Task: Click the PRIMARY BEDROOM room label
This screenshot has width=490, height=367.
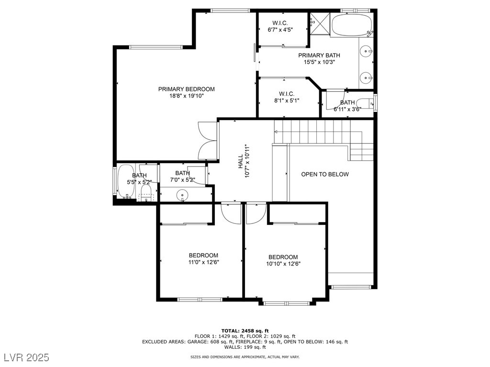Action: pyautogui.click(x=186, y=89)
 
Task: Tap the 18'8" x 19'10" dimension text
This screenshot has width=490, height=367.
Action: pyautogui.click(x=187, y=96)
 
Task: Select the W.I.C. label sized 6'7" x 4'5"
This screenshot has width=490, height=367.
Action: pyautogui.click(x=280, y=23)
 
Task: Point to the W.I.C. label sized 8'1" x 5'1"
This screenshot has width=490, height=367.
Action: pyautogui.click(x=287, y=94)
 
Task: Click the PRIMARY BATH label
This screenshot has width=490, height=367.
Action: pyautogui.click(x=319, y=56)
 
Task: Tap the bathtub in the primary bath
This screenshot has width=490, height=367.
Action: pyautogui.click(x=352, y=25)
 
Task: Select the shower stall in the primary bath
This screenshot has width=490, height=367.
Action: pyautogui.click(x=320, y=24)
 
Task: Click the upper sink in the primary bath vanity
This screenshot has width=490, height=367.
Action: pyautogui.click(x=366, y=50)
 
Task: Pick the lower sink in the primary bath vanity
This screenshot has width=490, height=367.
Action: pyautogui.click(x=366, y=77)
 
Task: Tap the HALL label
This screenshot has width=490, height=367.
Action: pyautogui.click(x=240, y=162)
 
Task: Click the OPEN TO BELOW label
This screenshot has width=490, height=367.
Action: pyautogui.click(x=325, y=174)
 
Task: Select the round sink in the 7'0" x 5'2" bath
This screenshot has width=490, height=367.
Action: pyautogui.click(x=182, y=195)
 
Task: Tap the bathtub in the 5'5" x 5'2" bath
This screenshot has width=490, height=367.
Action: pyautogui.click(x=125, y=181)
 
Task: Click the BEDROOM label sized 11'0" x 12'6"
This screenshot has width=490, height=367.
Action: pyautogui.click(x=203, y=255)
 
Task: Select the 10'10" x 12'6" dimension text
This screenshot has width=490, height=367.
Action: pyautogui.click(x=283, y=264)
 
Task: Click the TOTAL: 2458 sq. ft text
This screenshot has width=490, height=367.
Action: pyautogui.click(x=245, y=331)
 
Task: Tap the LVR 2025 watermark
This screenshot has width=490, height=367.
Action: pyautogui.click(x=27, y=357)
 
